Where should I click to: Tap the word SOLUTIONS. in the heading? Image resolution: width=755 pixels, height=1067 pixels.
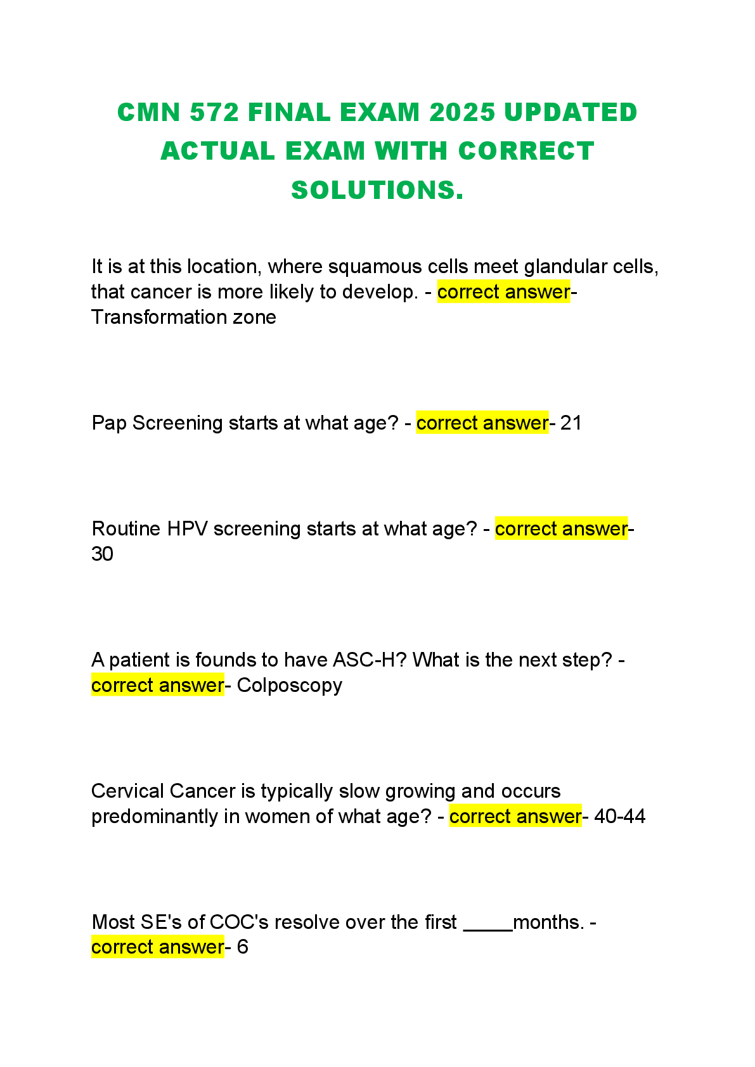tap(377, 190)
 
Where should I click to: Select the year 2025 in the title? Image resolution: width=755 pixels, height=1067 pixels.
tap(461, 113)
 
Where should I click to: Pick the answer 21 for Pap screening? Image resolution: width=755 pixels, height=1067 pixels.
tap(571, 423)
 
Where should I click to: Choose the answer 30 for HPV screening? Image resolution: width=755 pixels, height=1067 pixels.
tap(102, 554)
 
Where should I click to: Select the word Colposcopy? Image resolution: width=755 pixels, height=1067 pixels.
tap(289, 686)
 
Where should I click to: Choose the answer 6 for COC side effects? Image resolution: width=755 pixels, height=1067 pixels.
tap(242, 947)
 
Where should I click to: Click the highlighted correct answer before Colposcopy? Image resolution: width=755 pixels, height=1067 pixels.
tap(157, 686)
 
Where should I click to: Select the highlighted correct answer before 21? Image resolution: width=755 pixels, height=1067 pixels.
tap(482, 423)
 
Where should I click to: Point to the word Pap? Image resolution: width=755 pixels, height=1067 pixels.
tap(109, 423)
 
